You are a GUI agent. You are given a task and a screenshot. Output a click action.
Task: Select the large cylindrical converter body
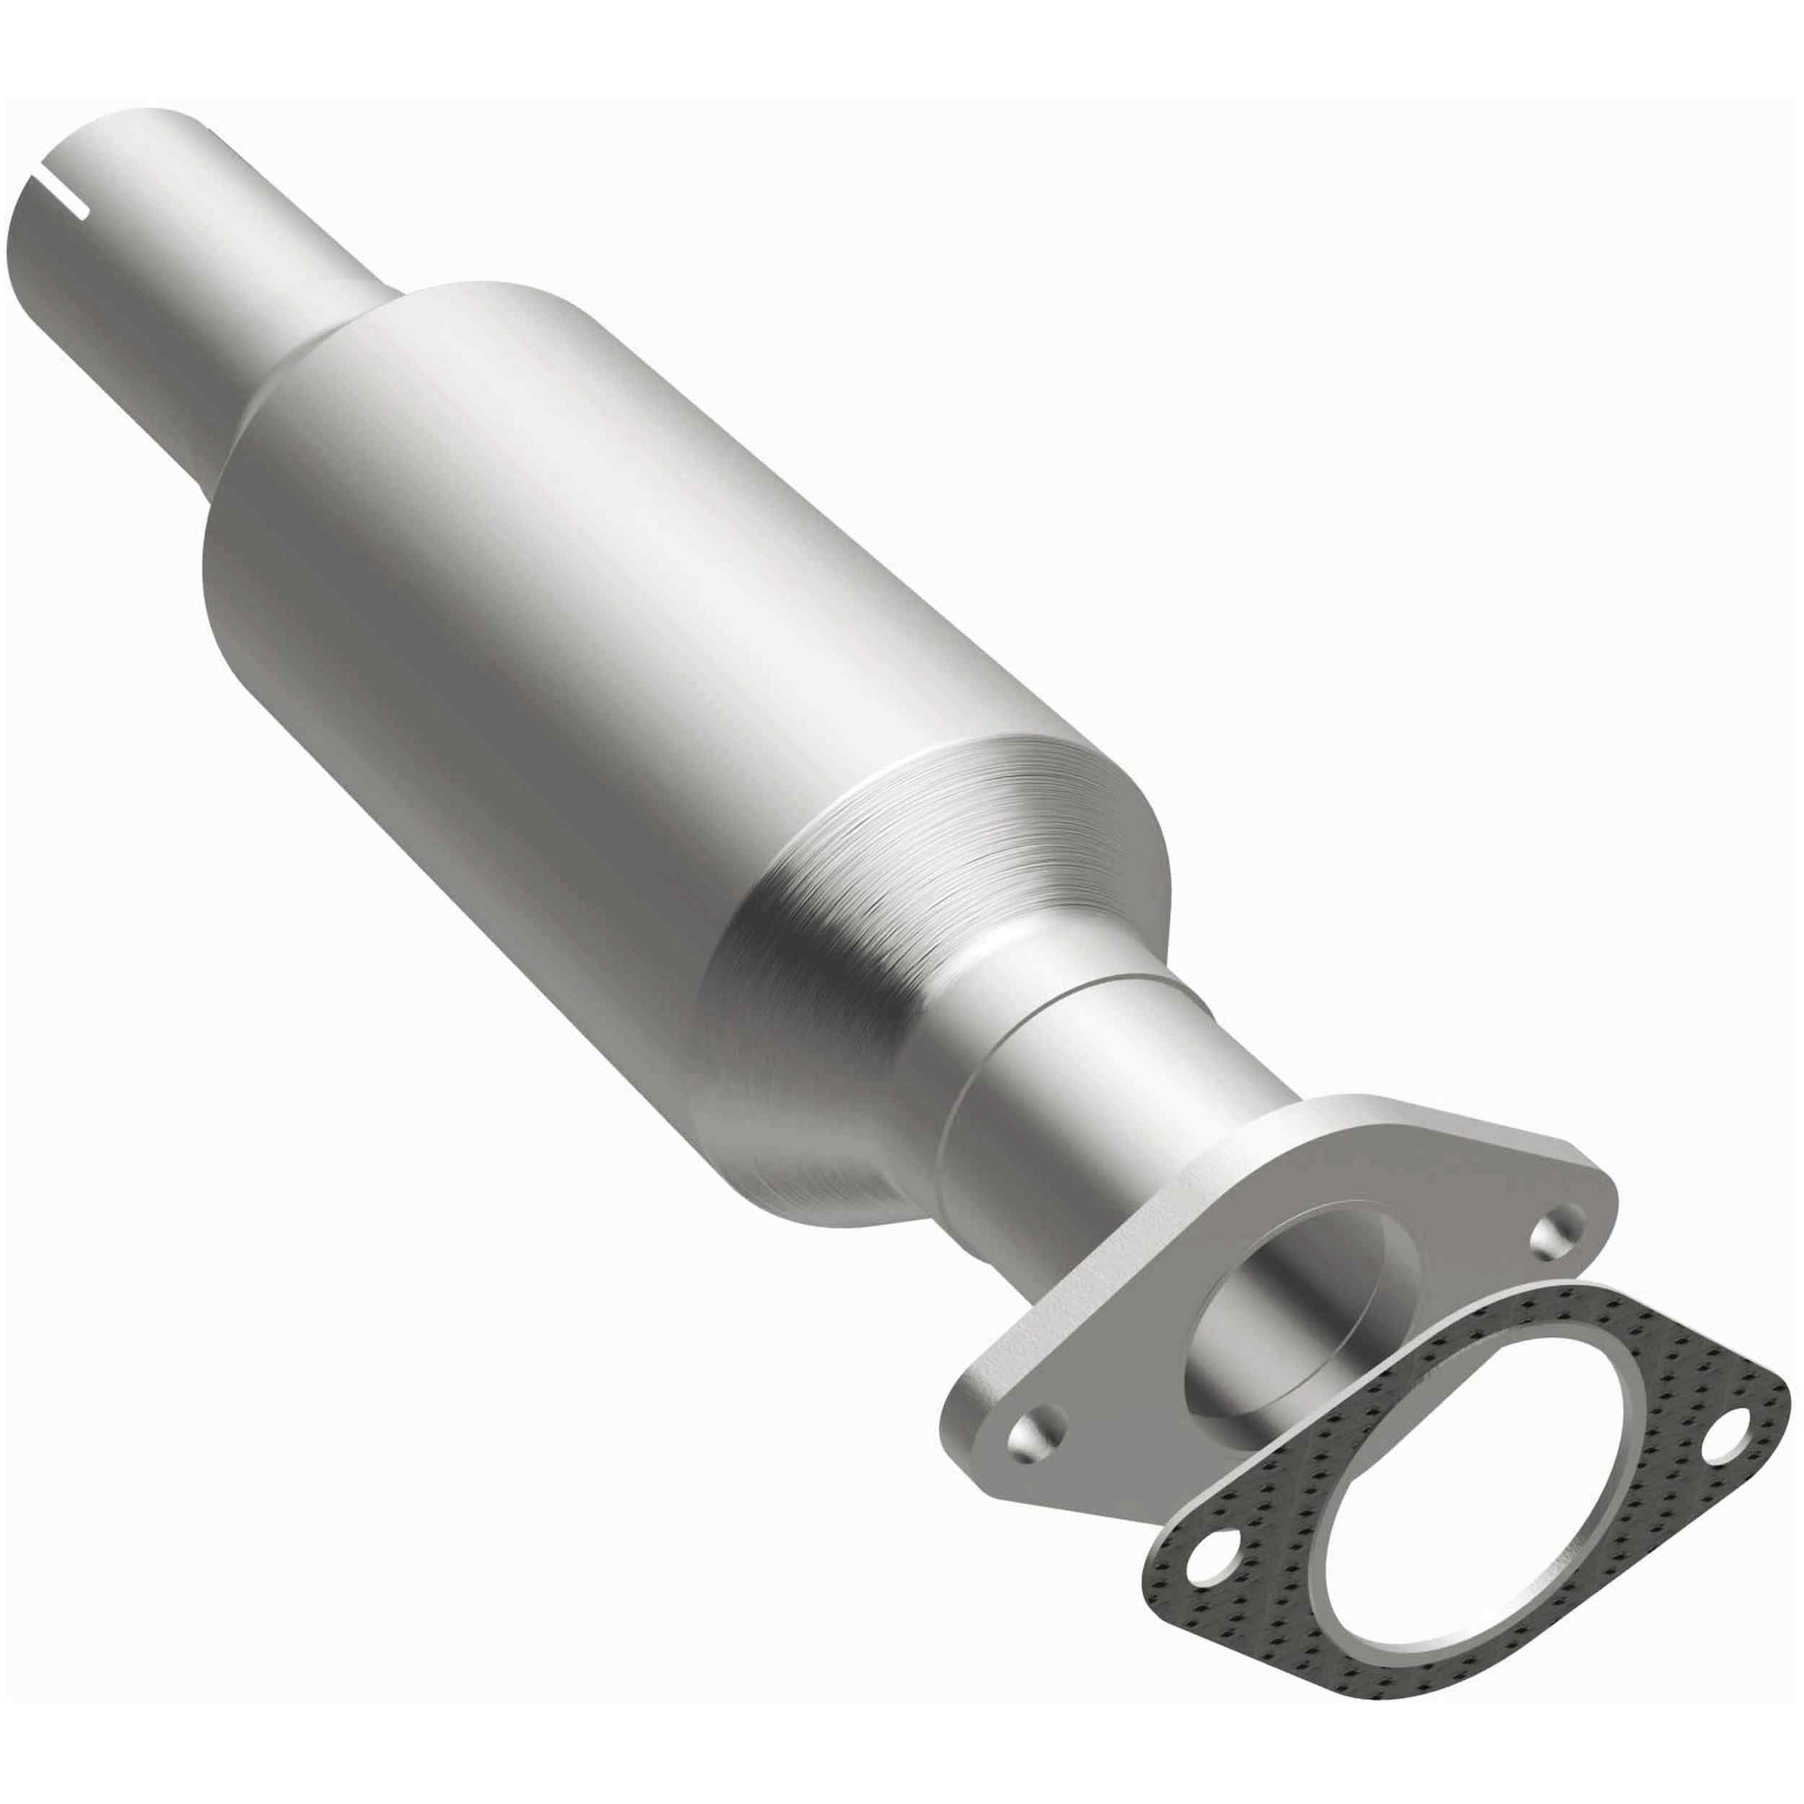[x=560, y=607]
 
